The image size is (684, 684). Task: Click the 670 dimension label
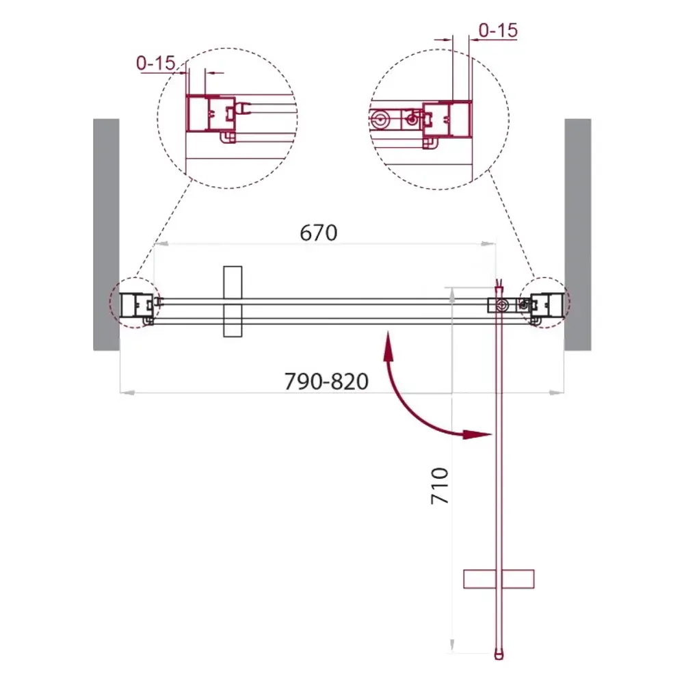coord(319,233)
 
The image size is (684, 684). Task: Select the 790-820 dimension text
coord(326,381)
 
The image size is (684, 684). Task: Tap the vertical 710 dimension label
coord(440,486)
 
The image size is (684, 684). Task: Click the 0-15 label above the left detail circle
coord(156,63)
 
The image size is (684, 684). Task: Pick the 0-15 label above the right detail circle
coord(498,31)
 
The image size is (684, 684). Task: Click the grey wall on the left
coord(106,234)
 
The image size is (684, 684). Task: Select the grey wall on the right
coord(577,234)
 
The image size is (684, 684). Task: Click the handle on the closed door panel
coord(233,302)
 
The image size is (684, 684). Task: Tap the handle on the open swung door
coord(499,579)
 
